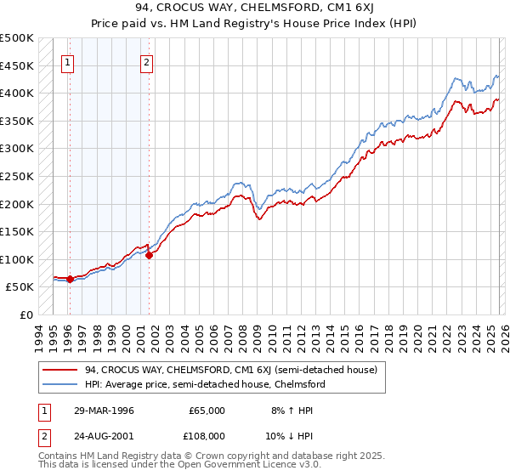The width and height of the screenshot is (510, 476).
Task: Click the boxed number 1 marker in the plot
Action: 67,61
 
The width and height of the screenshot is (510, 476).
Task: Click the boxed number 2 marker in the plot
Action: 147,61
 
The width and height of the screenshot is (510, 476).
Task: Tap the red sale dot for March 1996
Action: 70,279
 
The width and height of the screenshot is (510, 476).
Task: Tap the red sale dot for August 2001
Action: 149,254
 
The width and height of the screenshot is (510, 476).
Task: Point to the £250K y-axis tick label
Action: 17,176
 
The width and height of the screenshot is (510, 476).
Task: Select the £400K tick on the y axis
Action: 17,93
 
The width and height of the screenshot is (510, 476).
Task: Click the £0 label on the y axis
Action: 25,314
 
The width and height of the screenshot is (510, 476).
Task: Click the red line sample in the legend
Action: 61,370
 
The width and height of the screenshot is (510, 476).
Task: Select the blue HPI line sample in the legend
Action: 61,384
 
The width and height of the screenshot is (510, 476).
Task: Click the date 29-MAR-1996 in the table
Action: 99,411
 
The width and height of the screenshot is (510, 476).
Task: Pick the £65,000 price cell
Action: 207,411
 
